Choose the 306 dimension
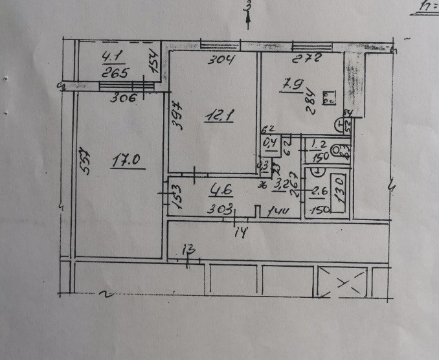tap(124, 99)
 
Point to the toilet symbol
tap(337, 151)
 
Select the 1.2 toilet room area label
tap(318, 144)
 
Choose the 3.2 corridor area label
tap(280, 184)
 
